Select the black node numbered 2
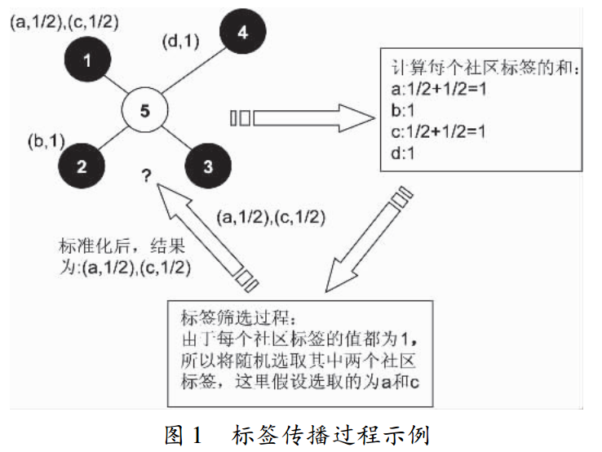coord(82,166)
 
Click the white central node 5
coord(144,113)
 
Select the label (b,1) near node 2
coord(46,140)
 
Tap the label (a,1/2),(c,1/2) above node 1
coord(64,22)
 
